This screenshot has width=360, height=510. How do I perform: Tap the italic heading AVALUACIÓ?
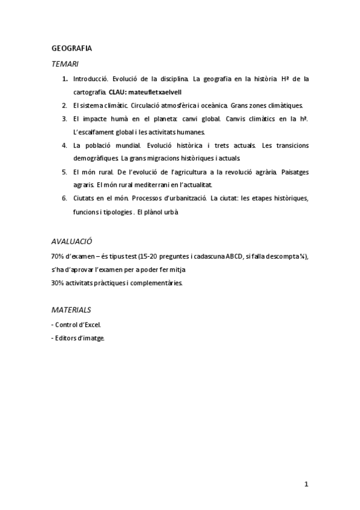point(72,241)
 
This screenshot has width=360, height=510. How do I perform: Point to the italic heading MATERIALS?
point(71,310)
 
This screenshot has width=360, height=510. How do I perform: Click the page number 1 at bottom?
point(307,484)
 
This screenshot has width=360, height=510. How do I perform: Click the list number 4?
point(64,146)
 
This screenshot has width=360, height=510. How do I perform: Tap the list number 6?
point(64,198)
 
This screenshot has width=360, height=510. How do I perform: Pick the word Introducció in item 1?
point(90,79)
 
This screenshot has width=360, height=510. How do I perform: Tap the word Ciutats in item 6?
point(83,198)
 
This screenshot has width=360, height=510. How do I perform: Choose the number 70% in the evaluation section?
point(58,256)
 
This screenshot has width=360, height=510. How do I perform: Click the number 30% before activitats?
point(58,283)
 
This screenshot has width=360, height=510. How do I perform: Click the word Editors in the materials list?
point(66,339)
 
